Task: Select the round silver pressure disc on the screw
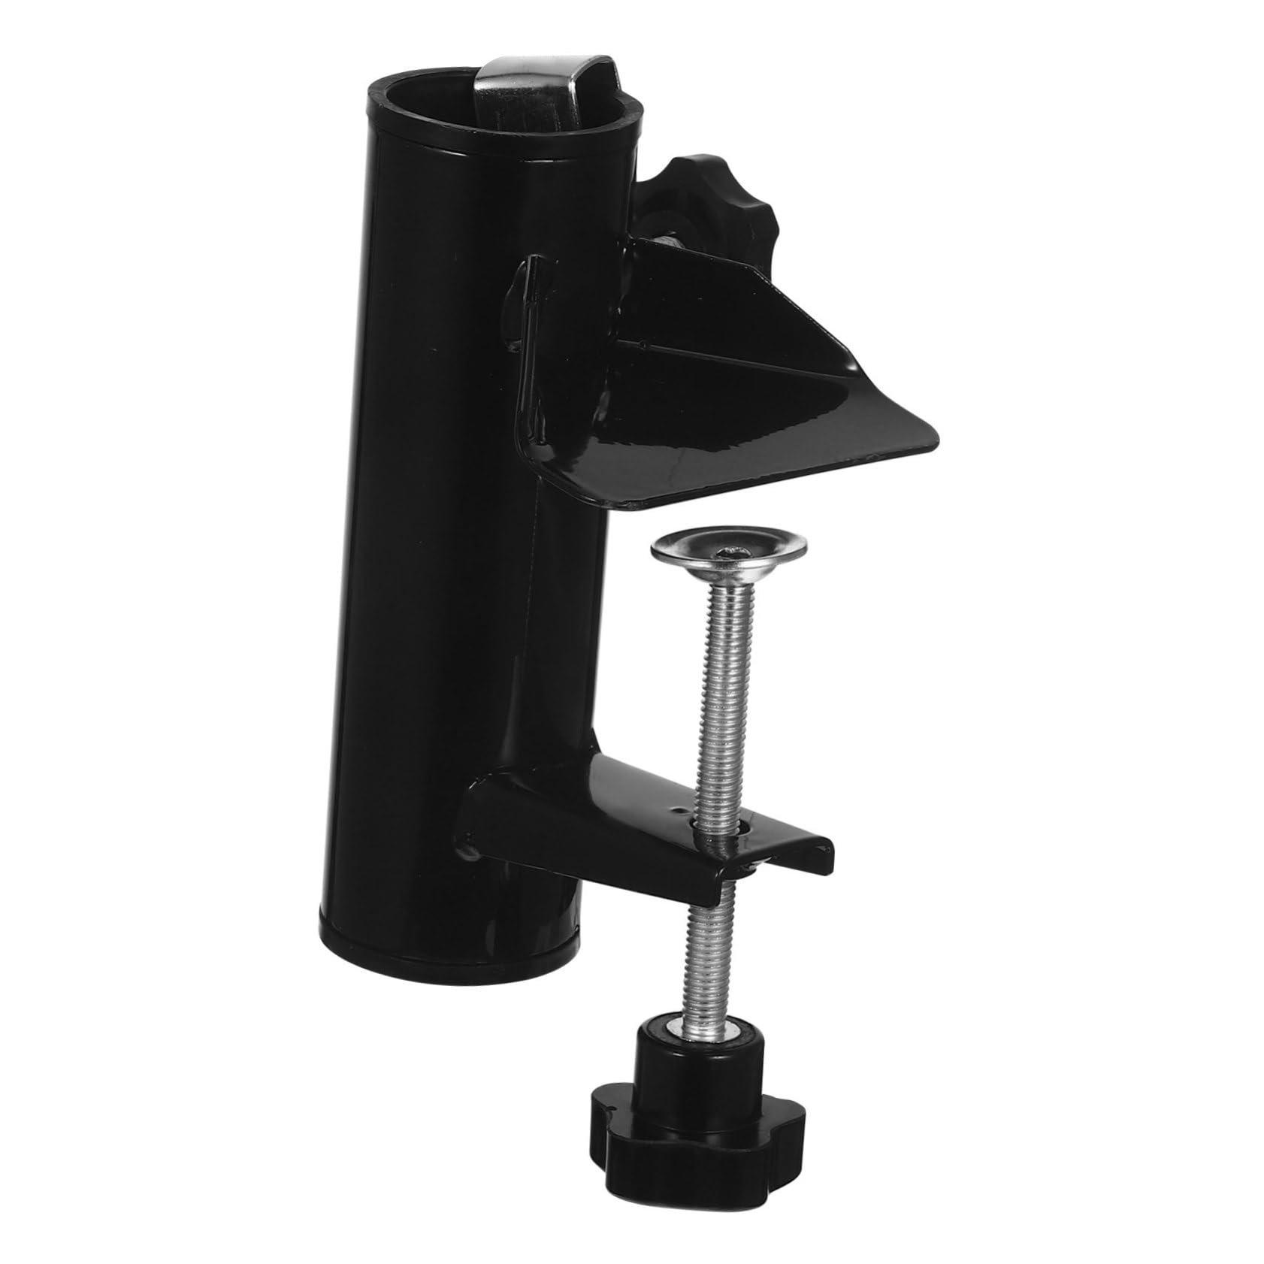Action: (x=727, y=549)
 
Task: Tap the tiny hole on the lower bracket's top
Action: (x=679, y=811)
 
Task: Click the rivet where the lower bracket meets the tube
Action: (x=470, y=850)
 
